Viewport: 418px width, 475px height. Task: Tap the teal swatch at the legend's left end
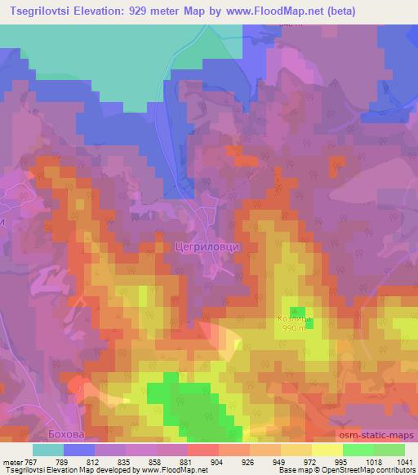pos(47,450)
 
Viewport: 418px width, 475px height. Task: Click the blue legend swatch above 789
pos(78,450)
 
